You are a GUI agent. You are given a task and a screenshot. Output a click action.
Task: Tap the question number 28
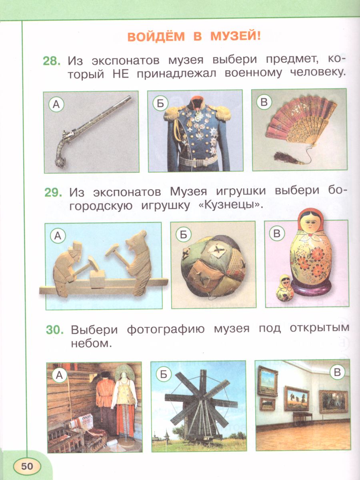[52, 61]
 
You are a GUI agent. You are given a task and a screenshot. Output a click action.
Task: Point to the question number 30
[55, 330]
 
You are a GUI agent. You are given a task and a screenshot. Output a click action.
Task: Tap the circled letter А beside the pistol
[56, 105]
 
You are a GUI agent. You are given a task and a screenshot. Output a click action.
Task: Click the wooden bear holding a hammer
[136, 262]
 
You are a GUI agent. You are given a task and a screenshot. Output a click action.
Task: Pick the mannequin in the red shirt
[104, 400]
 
